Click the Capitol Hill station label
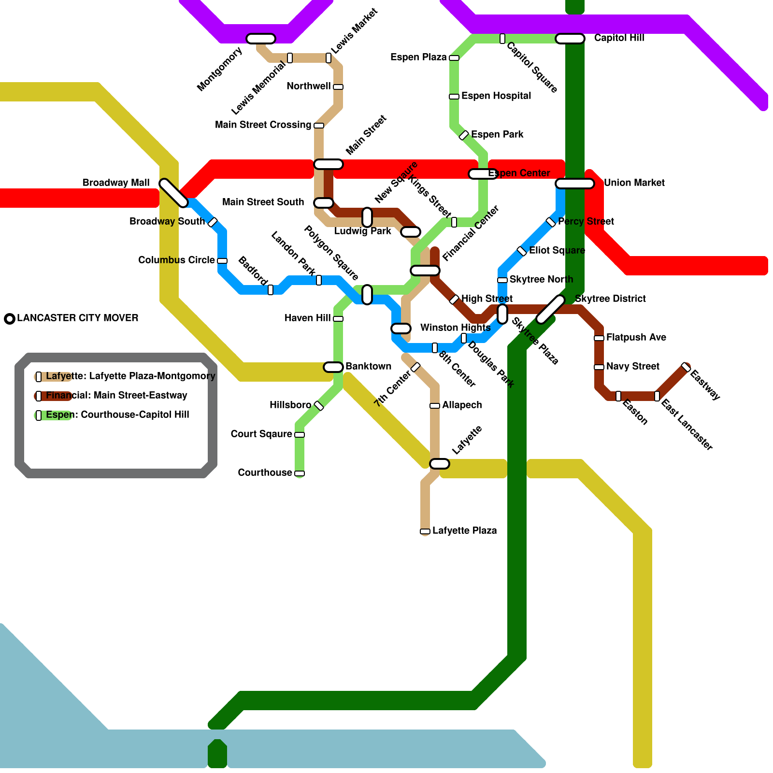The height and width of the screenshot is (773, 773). [619, 38]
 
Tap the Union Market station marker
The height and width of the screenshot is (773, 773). [575, 184]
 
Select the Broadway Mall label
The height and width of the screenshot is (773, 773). [116, 183]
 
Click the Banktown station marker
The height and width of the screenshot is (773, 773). [333, 367]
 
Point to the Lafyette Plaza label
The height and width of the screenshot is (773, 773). [464, 530]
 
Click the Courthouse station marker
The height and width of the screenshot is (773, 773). [300, 473]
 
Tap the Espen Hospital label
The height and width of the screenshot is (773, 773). [496, 96]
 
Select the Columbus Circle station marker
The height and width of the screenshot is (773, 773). [222, 261]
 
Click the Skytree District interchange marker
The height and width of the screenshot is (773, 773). [551, 309]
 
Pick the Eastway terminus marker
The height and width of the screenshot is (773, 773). [686, 367]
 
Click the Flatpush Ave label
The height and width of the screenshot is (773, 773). [636, 337]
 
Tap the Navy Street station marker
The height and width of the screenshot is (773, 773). [599, 367]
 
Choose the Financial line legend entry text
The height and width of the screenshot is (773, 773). [116, 395]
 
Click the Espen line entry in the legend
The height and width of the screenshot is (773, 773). [117, 415]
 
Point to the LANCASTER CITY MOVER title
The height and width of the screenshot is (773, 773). [78, 318]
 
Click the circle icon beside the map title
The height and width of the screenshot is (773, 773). [10, 319]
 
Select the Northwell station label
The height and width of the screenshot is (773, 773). [308, 86]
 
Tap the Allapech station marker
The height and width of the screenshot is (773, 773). [435, 406]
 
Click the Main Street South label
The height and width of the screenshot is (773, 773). [263, 202]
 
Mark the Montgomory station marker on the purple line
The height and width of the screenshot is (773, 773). [261, 39]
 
